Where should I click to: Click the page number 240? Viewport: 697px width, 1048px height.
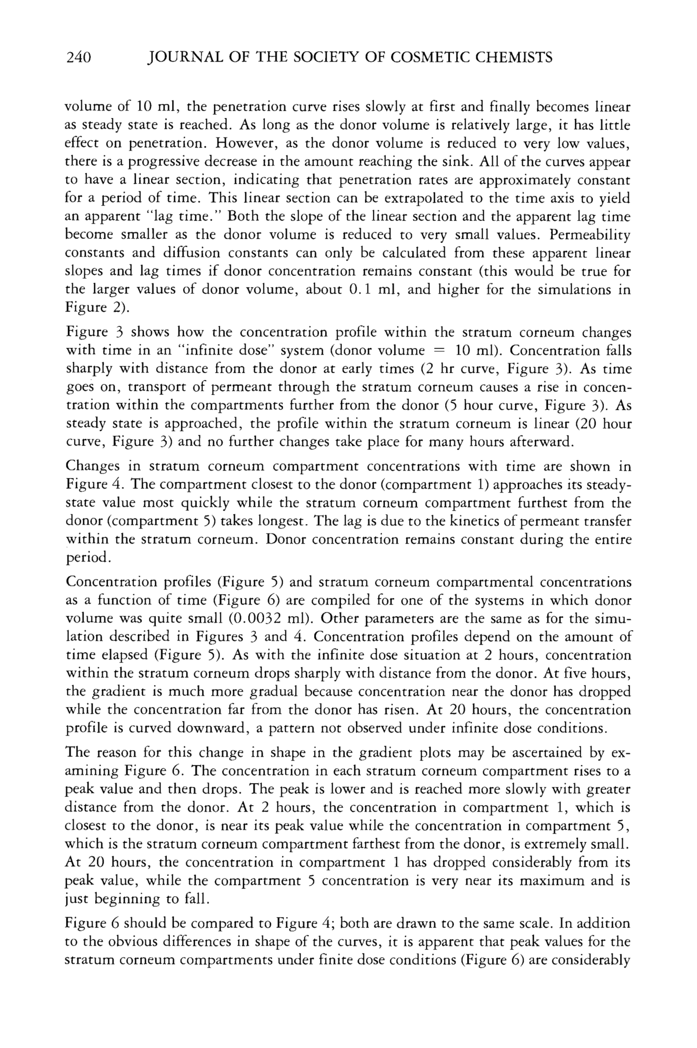[x=78, y=58]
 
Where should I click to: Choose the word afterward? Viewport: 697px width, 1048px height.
[x=531, y=442]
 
